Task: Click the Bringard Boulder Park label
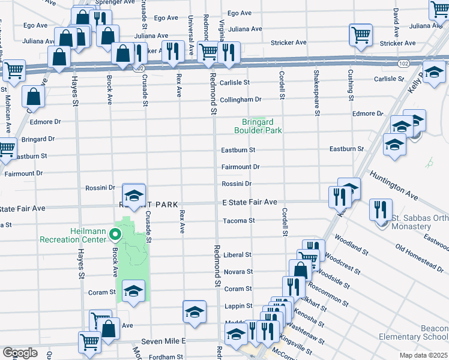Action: pos(258,125)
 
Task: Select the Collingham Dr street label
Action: pos(241,100)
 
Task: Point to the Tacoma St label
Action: pos(239,221)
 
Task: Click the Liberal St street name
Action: pos(237,255)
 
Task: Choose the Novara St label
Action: pos(238,272)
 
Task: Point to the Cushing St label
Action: pos(351,84)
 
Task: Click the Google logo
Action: pos(20,353)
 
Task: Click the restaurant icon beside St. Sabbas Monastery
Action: pos(381,209)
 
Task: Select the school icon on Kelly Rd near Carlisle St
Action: pos(433,73)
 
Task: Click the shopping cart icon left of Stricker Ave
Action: pos(360,35)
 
